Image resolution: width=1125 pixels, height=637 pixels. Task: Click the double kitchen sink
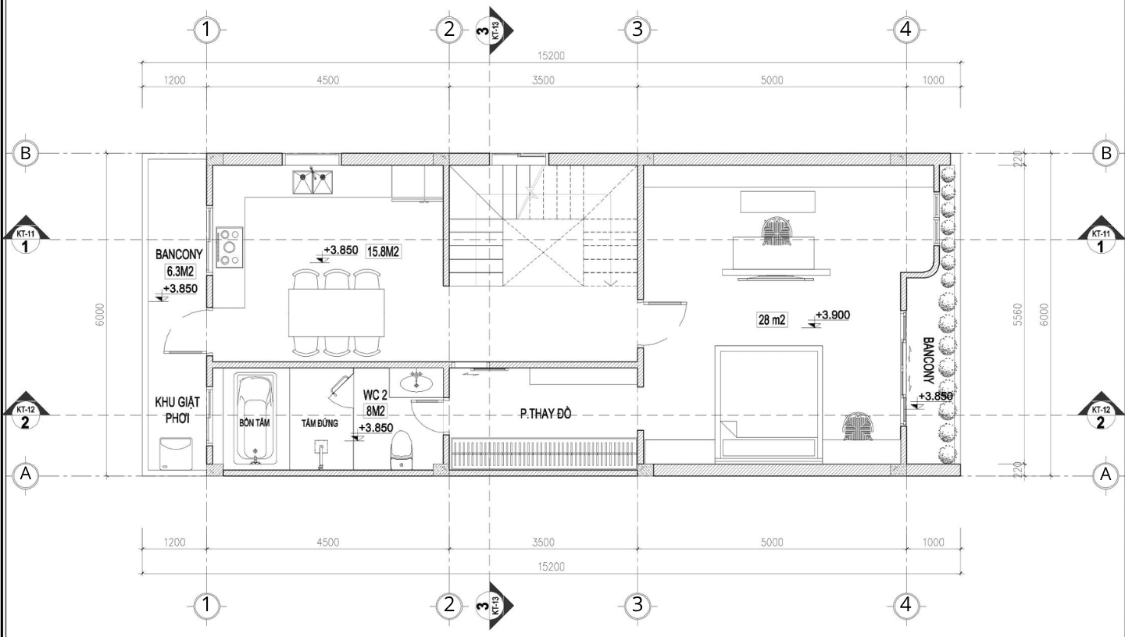(x=312, y=182)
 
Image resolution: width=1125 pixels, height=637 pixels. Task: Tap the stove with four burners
(x=230, y=247)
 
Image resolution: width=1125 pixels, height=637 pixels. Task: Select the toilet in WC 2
(x=402, y=450)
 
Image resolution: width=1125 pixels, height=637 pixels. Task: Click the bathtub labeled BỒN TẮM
(x=255, y=418)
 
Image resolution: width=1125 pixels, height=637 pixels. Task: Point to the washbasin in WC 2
(x=416, y=383)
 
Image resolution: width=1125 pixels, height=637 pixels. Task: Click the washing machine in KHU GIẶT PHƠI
(x=175, y=453)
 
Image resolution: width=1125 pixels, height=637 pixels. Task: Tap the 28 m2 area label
(x=772, y=319)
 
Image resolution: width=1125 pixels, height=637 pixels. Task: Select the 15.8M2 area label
(x=383, y=251)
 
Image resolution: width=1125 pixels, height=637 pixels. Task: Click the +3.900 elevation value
(x=832, y=315)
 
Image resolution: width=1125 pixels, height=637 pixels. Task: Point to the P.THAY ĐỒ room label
(x=545, y=414)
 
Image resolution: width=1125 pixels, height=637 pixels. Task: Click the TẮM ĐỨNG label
(x=320, y=423)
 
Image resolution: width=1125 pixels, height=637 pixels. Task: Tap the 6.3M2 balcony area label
(x=180, y=272)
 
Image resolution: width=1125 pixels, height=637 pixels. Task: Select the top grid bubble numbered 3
(x=637, y=29)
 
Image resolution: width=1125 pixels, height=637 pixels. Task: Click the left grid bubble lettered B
(x=25, y=152)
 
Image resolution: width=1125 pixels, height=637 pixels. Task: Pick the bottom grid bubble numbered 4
(x=905, y=604)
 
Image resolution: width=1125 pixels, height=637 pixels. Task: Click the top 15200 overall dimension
(x=551, y=55)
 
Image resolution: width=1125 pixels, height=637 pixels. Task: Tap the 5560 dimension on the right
(x=1017, y=315)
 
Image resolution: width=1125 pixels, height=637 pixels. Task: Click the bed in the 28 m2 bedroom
(x=769, y=404)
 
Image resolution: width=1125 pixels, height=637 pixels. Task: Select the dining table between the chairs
(x=337, y=312)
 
